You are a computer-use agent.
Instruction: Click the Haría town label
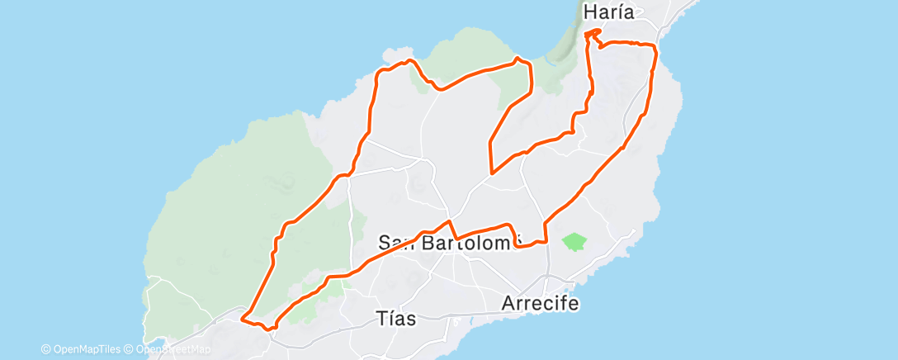[x=612, y=12]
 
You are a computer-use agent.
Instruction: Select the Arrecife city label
[x=540, y=304]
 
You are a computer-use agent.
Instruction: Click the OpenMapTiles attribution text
[x=85, y=349]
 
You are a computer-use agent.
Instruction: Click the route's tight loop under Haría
[x=592, y=34]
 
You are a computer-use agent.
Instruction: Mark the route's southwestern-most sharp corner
[x=242, y=317]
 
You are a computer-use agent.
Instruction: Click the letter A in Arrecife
[x=508, y=304]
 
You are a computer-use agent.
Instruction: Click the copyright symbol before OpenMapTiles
[x=45, y=349]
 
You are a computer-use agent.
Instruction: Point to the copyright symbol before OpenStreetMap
[x=128, y=349]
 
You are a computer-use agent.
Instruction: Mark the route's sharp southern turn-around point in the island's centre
[x=492, y=173]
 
